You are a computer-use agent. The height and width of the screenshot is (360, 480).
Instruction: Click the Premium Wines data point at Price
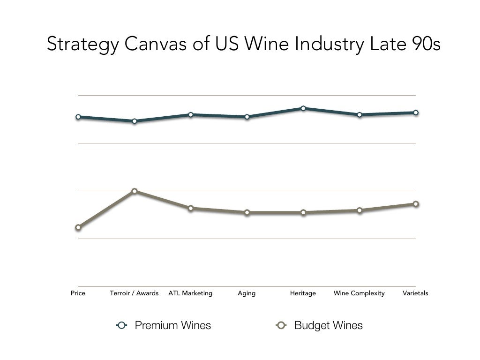tap(78, 117)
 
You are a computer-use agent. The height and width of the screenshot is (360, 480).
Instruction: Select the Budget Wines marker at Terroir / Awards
tap(135, 191)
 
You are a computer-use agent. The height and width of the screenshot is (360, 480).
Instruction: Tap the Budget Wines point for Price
tap(78, 227)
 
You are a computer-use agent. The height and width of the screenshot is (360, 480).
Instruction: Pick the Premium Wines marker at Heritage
tap(303, 108)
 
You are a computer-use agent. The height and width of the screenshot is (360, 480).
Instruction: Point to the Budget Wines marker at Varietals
tap(416, 204)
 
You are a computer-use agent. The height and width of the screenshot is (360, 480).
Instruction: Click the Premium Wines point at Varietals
tap(416, 112)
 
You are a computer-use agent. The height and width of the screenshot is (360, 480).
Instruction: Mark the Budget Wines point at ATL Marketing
tap(191, 208)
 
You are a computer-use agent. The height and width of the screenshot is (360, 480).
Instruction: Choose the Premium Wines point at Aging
tap(247, 117)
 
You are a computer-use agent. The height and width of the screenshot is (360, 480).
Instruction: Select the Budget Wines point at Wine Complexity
tap(360, 210)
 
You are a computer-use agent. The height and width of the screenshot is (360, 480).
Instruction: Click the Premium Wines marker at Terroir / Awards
tap(135, 121)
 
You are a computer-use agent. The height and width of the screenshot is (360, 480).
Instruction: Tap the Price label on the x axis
tap(78, 293)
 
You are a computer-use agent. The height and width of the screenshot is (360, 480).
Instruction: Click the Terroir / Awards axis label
tap(134, 293)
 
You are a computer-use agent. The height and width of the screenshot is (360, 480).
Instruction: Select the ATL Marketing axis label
tap(190, 293)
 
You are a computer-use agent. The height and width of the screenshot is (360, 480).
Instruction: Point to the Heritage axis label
tap(303, 293)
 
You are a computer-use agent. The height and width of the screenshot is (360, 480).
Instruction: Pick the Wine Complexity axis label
tap(359, 293)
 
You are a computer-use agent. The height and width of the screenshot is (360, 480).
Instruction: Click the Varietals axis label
tap(415, 293)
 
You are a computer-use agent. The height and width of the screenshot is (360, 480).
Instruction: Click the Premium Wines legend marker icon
tap(122, 325)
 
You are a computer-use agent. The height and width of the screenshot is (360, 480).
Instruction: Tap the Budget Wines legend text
tap(328, 325)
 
